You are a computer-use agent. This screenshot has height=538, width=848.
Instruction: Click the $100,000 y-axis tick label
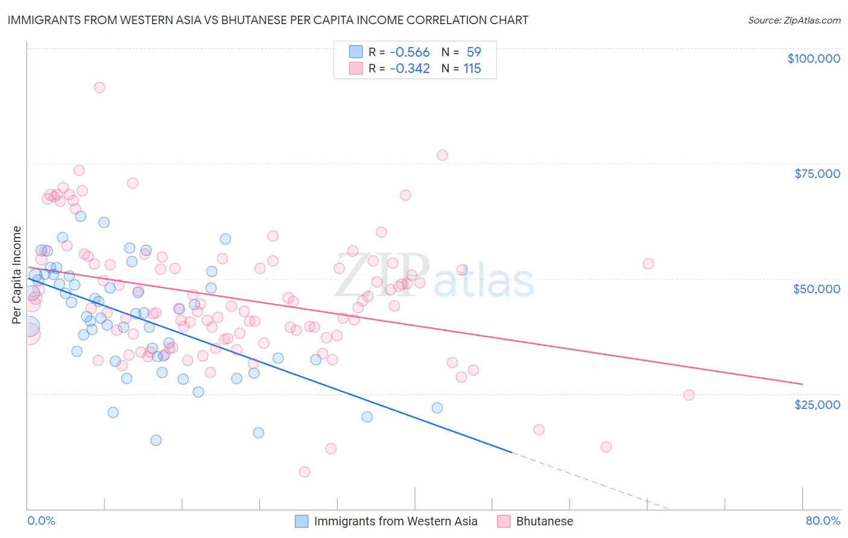814,59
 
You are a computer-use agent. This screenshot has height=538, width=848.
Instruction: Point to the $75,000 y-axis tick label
817,174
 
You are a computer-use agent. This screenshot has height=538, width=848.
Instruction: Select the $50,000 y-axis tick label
817,289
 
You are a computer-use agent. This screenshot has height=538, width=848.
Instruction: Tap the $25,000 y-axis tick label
817,404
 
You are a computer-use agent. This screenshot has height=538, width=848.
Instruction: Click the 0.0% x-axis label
41,521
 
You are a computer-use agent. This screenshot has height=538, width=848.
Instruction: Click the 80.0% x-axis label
823,521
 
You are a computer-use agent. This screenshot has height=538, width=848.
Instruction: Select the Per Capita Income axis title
17,274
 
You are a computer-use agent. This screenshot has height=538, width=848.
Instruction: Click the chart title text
268,20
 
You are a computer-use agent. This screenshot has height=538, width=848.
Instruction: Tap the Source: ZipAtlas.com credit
794,21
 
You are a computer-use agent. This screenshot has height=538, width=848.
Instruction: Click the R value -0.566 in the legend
410,52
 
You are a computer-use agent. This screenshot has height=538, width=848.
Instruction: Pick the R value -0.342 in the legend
410,68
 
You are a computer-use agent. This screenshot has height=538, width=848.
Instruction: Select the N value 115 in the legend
472,68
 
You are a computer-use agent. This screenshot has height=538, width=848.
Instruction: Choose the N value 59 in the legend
473,52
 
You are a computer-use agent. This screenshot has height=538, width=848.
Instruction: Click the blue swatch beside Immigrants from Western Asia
302,521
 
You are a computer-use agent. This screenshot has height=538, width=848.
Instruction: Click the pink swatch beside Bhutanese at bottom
504,521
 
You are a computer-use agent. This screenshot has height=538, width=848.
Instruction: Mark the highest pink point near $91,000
100,87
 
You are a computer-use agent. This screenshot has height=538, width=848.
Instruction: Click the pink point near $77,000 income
442,155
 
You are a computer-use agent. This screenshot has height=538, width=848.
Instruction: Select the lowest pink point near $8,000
305,472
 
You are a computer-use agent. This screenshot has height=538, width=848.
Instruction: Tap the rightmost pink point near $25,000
689,395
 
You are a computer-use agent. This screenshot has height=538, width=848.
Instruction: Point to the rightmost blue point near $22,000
437,408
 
